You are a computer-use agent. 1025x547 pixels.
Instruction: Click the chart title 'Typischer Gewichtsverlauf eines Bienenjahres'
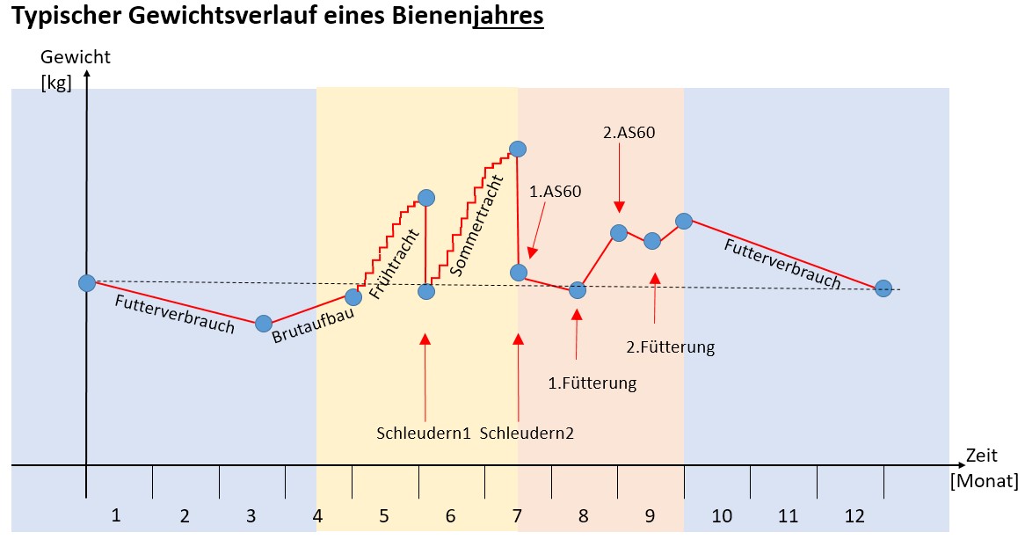click(277, 18)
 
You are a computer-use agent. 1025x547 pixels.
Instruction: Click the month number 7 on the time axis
click(518, 514)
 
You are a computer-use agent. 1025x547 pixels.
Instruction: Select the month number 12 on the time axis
click(854, 516)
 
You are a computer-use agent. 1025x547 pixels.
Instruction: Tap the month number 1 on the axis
click(116, 514)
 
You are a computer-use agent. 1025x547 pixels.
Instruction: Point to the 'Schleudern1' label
click(424, 433)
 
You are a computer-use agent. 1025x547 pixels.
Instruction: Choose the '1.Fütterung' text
click(592, 383)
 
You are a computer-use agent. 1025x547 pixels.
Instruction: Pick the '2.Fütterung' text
click(670, 346)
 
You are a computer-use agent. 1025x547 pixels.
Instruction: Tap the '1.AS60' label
click(555, 191)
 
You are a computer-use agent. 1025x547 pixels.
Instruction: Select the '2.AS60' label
click(629, 133)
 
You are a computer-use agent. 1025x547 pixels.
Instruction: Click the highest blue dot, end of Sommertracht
click(518, 149)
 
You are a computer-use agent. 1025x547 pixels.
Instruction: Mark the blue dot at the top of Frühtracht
click(425, 197)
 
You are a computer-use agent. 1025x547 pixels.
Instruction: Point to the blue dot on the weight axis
click(86, 282)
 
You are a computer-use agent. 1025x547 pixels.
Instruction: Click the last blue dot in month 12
click(883, 288)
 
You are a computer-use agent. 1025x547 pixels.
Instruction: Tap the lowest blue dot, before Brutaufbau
click(263, 324)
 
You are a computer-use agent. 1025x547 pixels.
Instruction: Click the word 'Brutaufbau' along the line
click(312, 327)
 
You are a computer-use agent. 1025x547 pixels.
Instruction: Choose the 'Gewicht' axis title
click(76, 58)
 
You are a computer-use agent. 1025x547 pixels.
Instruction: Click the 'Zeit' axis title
click(981, 456)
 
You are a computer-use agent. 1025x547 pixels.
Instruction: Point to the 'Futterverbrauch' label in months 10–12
click(782, 263)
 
